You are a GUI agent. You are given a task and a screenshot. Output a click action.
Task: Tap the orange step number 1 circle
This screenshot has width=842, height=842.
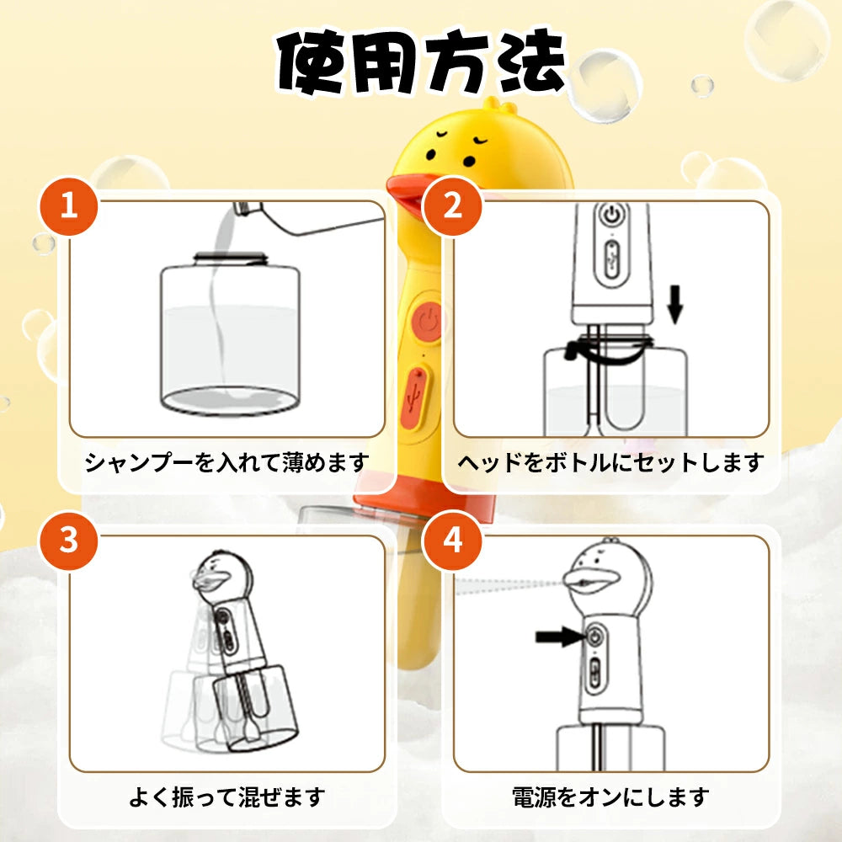[68, 205]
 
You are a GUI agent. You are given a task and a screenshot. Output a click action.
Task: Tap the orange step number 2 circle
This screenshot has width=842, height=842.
[453, 205]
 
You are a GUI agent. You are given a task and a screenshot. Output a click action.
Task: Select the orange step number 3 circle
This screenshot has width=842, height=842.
[68, 540]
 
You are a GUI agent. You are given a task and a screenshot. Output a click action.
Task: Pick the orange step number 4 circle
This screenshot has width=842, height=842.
[453, 540]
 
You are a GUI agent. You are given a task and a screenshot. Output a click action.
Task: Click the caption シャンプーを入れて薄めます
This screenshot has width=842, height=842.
[227, 462]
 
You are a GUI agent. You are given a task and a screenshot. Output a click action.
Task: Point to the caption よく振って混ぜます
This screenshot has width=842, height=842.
[227, 797]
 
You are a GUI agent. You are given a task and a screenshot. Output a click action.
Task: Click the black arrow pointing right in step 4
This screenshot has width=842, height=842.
[559, 637]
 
